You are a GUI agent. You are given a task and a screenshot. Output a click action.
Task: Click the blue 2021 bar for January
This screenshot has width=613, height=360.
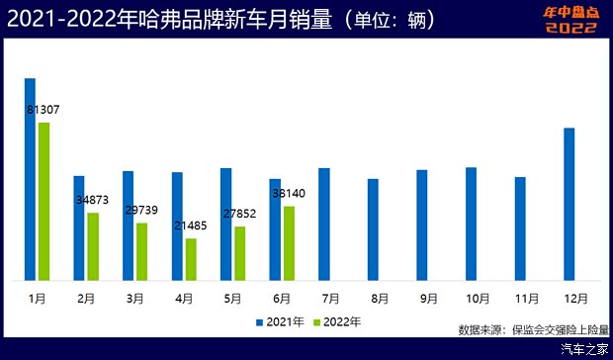pyautogui.click(x=30, y=178)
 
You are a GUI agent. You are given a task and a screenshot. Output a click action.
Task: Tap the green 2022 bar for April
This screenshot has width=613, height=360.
pyautogui.click(x=191, y=258)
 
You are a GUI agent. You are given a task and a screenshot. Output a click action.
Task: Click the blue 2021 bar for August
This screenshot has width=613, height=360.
pyautogui.click(x=374, y=228)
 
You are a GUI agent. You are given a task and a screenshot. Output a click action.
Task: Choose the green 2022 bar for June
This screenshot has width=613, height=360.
pyautogui.click(x=289, y=242)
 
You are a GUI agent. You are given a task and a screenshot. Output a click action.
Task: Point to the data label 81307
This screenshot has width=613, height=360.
pyautogui.click(x=44, y=110)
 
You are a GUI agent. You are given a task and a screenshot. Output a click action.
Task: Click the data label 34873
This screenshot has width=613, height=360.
pyautogui.click(x=93, y=200)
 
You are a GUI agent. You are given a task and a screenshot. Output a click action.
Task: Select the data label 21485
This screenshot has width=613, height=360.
pyautogui.click(x=191, y=226)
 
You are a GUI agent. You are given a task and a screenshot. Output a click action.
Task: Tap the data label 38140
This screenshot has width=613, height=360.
pyautogui.click(x=289, y=194)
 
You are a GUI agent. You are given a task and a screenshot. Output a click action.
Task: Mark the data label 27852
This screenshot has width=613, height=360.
pyautogui.click(x=239, y=214)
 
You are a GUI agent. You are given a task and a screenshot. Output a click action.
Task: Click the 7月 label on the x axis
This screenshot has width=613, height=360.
pyautogui.click(x=330, y=297)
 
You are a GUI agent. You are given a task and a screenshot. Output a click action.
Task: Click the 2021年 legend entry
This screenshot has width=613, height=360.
pyautogui.click(x=279, y=321)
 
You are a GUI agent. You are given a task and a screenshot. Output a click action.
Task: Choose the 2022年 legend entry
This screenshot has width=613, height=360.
pyautogui.click(x=336, y=321)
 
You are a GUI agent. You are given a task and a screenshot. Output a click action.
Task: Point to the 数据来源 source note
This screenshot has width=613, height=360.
pyautogui.click(x=533, y=329)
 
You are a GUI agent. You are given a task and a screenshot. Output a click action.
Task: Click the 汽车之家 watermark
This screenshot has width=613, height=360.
pyautogui.click(x=583, y=349)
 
